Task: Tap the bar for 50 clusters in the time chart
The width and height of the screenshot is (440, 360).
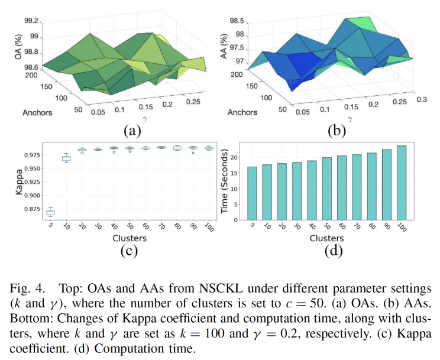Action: pos(326,189)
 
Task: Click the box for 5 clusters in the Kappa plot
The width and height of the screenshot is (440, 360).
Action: pos(50,212)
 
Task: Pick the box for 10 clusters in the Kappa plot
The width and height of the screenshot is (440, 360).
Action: pos(66,158)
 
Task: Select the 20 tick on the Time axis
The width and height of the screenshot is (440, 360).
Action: pos(235,157)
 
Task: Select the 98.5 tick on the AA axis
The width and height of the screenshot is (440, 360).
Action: pos(237,21)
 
